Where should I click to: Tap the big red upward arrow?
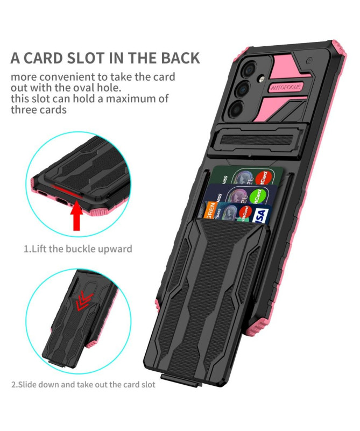77,216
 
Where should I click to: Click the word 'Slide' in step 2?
30,385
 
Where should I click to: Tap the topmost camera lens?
249,68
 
